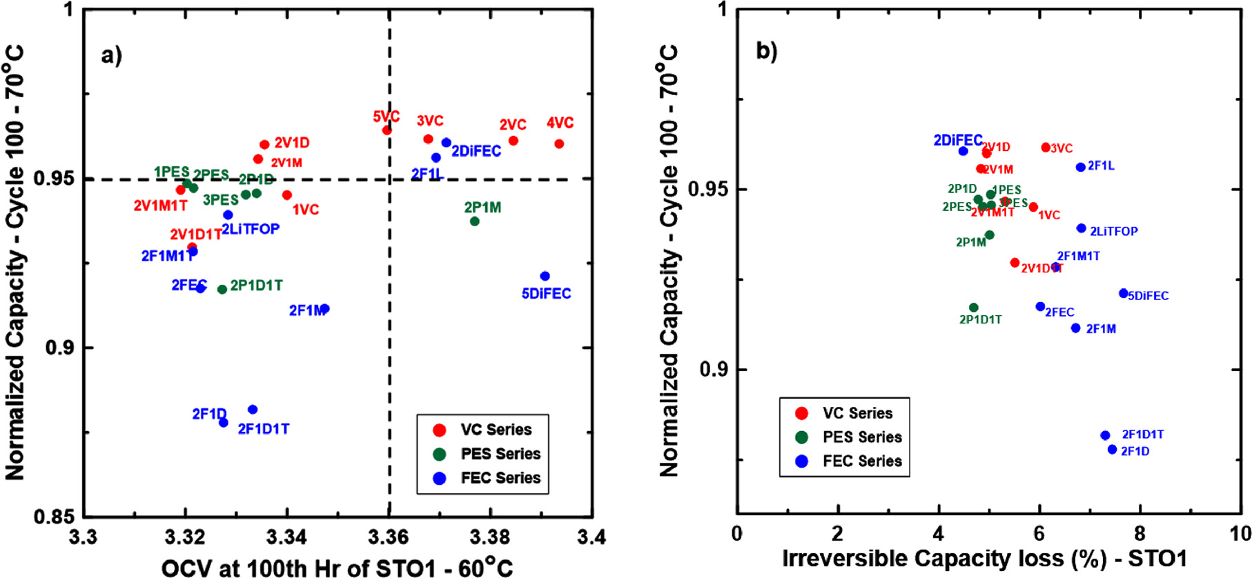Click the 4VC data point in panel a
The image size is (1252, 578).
coord(559,144)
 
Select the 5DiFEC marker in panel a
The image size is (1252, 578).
coord(545,276)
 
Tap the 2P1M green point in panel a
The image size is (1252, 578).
coord(474,221)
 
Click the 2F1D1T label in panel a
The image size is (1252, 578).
coord(264,429)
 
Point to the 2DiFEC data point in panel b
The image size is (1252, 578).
coord(963,151)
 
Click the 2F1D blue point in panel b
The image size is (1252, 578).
coord(1112,450)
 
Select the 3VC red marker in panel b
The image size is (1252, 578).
coord(1046,148)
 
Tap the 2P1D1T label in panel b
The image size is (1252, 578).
coord(980,319)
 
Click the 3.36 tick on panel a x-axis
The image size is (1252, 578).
coord(389,537)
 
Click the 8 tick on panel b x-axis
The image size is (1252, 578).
coord(1139,534)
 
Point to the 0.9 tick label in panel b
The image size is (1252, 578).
coord(714,370)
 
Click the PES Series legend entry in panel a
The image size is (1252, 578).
coord(500,454)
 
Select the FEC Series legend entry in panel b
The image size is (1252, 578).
coord(862,461)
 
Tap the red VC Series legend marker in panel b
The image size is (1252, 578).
coord(801,413)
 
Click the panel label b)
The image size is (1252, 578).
coord(767,50)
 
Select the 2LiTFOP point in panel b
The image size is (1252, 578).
coord(1081,228)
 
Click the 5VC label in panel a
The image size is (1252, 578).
coord(386,117)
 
